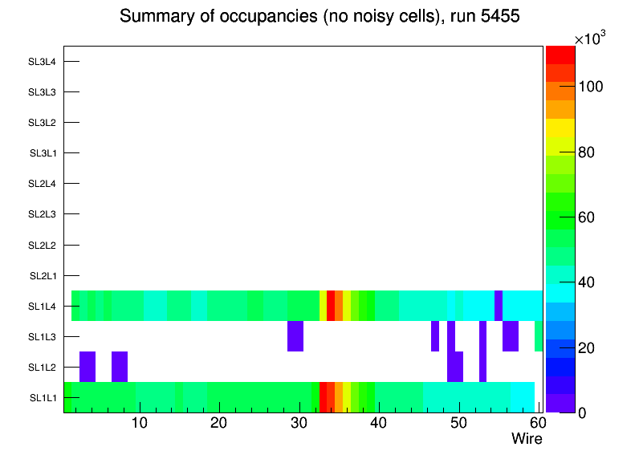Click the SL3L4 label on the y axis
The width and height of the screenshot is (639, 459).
point(42,62)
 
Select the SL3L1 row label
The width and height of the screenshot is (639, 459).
point(42,153)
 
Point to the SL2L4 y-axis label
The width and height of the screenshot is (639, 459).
point(42,184)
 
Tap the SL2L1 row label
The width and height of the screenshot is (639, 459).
point(42,276)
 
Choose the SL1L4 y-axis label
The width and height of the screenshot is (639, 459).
point(42,307)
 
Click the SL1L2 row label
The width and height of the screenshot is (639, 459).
point(42,368)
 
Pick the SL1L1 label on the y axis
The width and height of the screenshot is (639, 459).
point(42,398)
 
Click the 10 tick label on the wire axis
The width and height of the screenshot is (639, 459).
point(140,424)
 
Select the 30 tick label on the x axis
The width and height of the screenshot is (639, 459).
point(299,424)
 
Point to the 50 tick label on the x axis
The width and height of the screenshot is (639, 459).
point(458,424)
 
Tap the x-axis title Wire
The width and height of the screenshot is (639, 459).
point(527,439)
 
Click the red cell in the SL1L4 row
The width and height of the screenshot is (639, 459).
point(331,306)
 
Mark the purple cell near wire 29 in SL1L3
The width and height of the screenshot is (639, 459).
point(295,336)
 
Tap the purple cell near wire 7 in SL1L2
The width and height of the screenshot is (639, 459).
point(120,367)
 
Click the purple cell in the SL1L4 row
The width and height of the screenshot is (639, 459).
point(499,306)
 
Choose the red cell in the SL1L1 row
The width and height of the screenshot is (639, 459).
point(323,397)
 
